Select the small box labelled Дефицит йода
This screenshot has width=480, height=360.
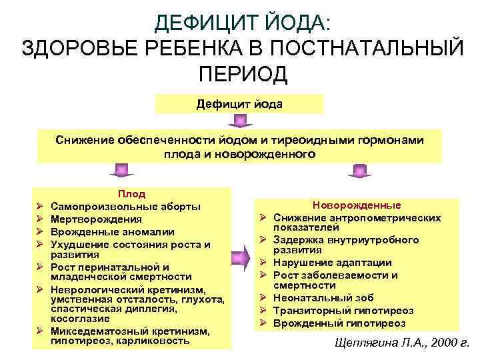(239, 105)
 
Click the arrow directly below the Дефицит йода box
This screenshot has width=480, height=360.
(239, 121)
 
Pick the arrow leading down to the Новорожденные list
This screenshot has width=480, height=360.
(358, 171)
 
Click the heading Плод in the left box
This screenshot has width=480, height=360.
(132, 194)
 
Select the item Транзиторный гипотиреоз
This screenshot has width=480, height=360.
(343, 311)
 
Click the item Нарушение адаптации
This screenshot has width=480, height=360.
(332, 263)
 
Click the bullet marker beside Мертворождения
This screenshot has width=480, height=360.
(40, 219)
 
